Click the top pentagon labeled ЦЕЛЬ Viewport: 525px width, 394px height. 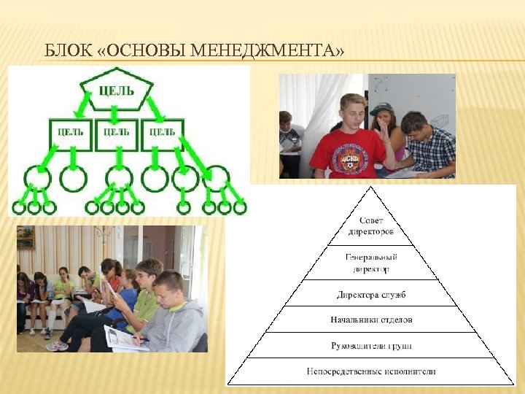[116, 91]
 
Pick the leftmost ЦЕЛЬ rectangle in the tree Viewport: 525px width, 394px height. [70, 133]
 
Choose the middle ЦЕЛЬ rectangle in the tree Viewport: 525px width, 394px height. [117, 133]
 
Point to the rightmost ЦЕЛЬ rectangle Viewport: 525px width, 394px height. [162, 133]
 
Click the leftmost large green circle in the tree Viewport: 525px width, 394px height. [37, 178]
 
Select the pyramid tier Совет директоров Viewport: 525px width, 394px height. [371, 226]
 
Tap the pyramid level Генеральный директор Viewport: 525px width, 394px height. [371, 263]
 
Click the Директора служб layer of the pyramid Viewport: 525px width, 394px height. [371, 295]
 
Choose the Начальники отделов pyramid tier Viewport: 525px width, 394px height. [371, 320]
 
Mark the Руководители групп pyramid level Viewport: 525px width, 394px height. [371, 345]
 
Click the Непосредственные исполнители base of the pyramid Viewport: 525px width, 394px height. [371, 371]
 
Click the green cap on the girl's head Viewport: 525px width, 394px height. [381, 109]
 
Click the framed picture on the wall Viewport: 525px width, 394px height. [26, 237]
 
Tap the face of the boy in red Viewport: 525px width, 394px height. [352, 114]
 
